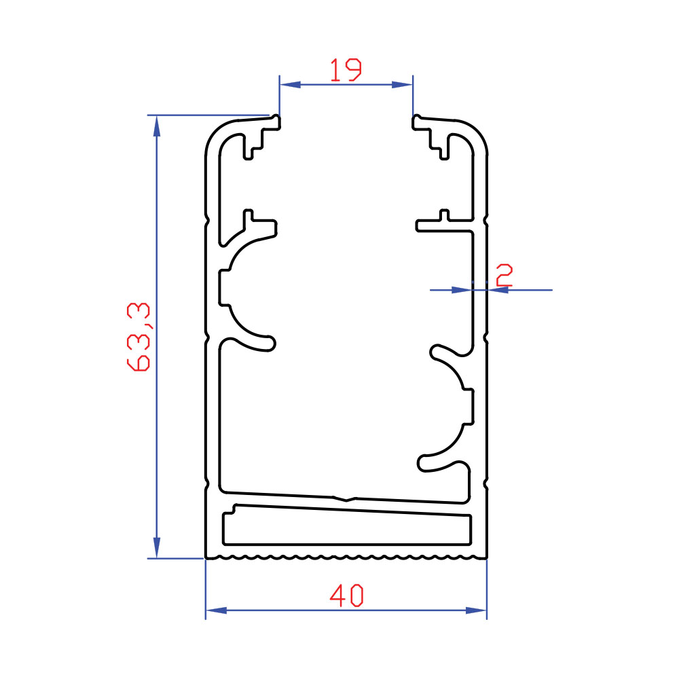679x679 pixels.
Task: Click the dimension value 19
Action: [346, 70]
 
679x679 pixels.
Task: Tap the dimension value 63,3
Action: [139, 337]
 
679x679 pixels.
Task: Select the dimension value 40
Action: [346, 595]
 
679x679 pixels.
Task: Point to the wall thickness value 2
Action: [504, 275]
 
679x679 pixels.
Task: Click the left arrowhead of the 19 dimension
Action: [290, 84]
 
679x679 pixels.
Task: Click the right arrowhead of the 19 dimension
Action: [402, 84]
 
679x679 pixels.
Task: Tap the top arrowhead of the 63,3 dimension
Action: [157, 126]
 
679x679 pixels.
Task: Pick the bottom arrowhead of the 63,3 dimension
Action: [157, 548]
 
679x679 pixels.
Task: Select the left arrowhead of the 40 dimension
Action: [216, 610]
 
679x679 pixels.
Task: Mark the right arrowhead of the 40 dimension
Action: [476, 610]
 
